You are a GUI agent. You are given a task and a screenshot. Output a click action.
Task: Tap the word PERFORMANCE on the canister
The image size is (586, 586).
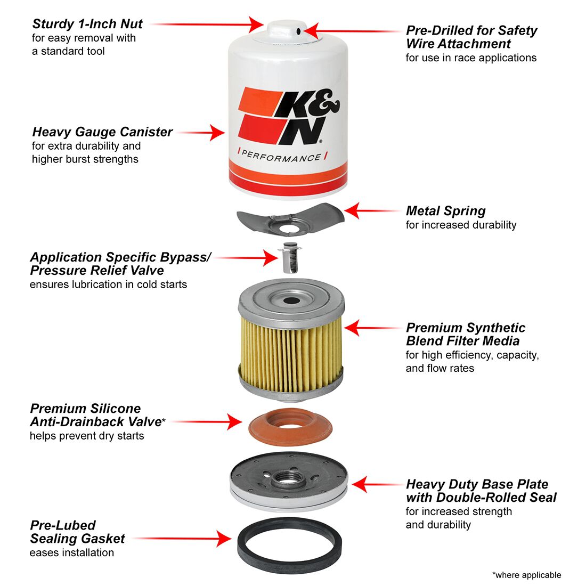[x=281, y=157]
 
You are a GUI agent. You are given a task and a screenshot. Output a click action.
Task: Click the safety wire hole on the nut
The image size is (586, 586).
[x=299, y=31]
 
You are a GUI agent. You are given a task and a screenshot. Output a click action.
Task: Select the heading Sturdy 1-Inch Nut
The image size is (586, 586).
[x=87, y=24]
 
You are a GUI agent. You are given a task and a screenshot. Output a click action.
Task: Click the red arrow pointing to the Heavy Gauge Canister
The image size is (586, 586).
[x=202, y=133]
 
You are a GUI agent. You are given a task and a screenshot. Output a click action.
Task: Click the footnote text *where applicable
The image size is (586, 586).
[x=526, y=575]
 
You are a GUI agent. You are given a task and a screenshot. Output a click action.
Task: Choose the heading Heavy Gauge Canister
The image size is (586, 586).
[x=102, y=132]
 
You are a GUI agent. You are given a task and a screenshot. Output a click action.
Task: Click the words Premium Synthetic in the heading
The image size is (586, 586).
[x=465, y=328]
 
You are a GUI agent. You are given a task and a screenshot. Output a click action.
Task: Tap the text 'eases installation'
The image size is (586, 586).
[x=71, y=552]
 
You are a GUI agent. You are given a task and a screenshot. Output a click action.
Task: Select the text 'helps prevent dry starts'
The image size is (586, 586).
[x=86, y=436]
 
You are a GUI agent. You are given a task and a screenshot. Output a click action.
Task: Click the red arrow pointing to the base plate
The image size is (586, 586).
[x=376, y=485]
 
